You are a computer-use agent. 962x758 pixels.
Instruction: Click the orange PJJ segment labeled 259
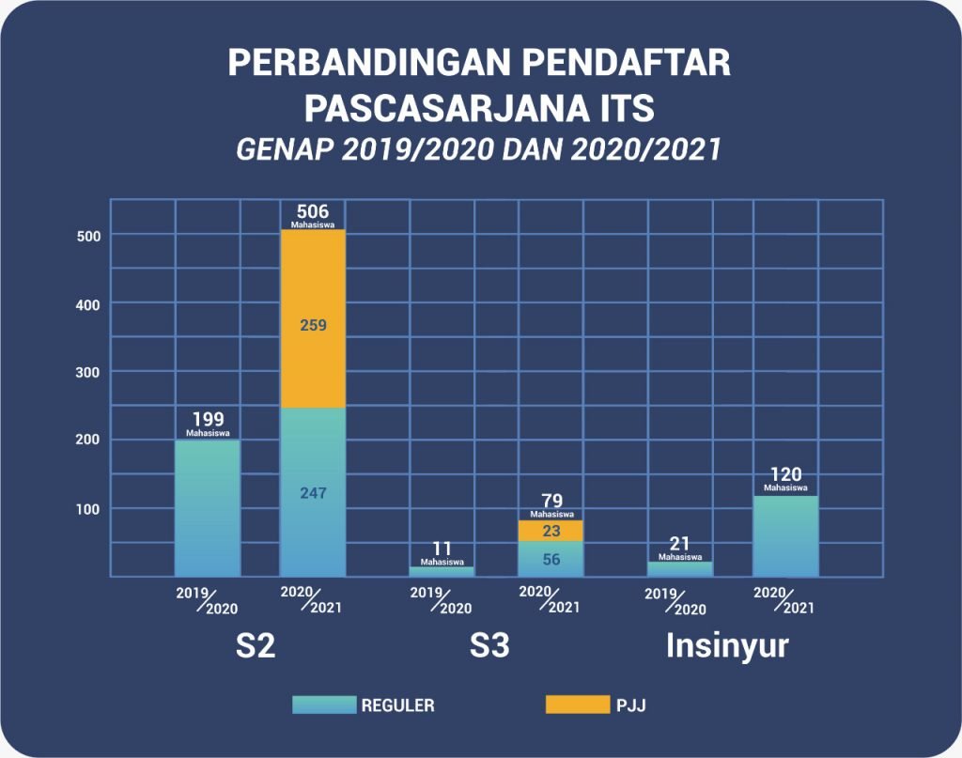coord(313,319)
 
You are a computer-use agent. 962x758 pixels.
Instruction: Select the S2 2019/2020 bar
coord(208,508)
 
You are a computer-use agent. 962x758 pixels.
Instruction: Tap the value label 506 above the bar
coord(313,211)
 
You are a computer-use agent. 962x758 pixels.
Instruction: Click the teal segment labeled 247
coord(313,492)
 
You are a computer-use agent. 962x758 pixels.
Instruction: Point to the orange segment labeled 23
coord(551,531)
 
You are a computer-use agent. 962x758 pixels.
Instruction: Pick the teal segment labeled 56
coord(551,559)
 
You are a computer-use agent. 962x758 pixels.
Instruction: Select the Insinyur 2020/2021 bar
coord(785,535)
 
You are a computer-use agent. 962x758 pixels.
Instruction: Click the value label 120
coord(785,474)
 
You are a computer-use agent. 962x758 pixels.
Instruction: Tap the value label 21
coord(680,543)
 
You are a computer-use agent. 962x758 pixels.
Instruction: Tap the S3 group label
coord(489,648)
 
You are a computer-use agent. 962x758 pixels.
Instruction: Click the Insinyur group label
coord(727,647)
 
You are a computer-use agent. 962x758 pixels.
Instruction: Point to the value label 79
coord(551,500)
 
